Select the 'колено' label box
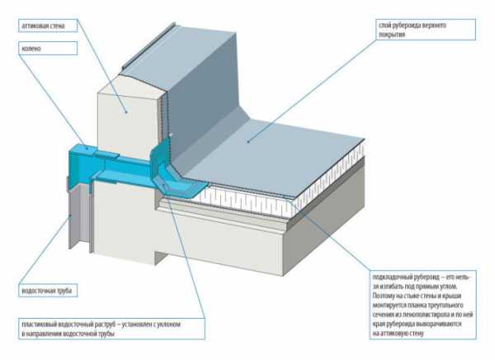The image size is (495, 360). click(x=46, y=49)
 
